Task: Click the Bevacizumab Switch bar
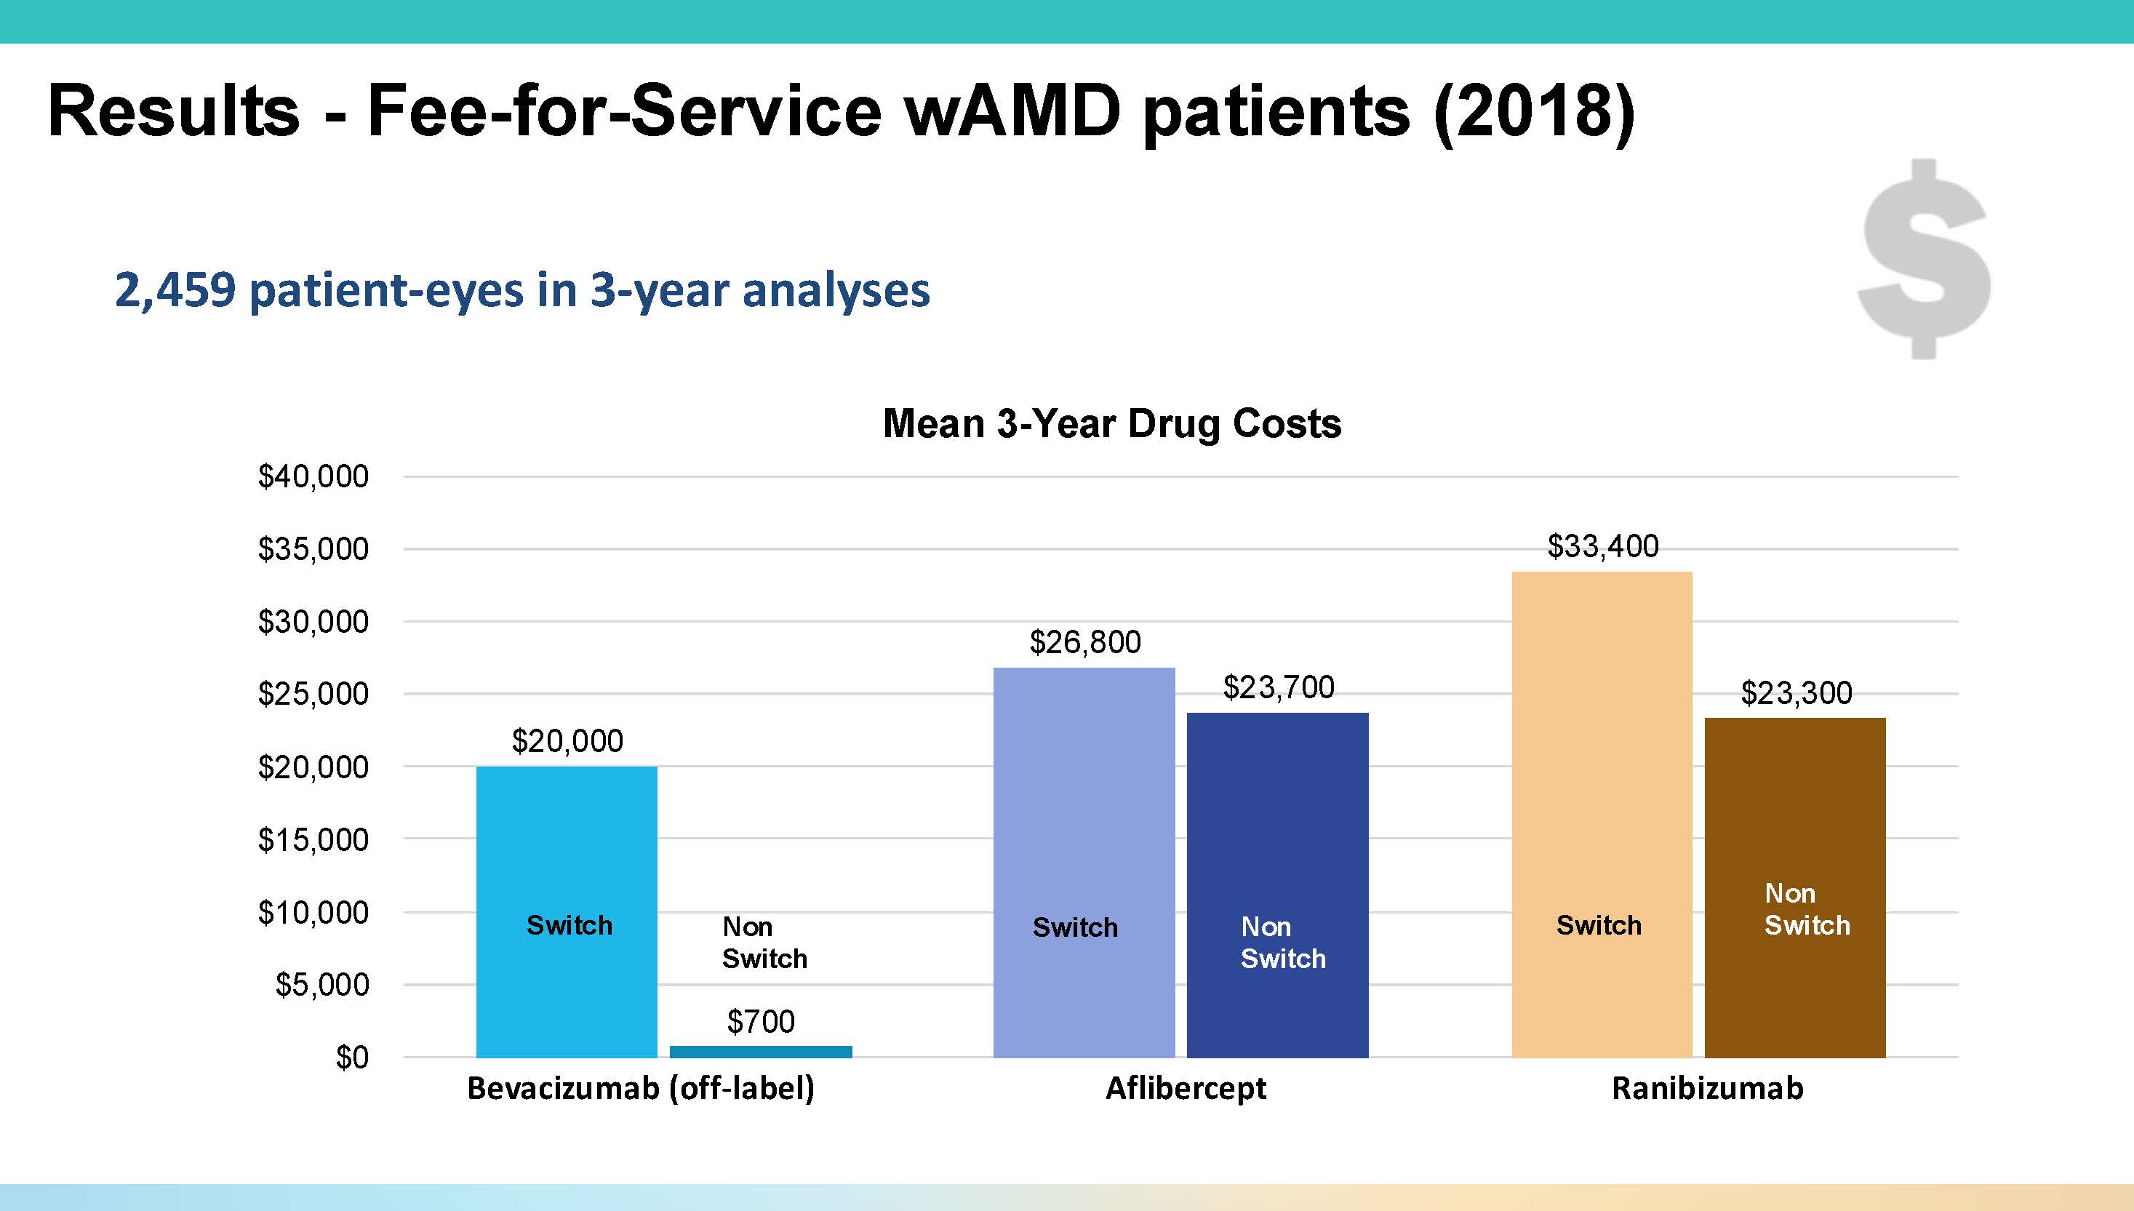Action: point(567,832)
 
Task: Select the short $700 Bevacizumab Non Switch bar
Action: point(761,1051)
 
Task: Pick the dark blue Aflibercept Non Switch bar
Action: point(1277,832)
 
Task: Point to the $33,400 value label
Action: point(1602,546)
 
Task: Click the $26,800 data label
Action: point(1084,642)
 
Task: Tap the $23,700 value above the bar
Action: point(1278,687)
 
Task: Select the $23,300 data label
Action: point(1797,693)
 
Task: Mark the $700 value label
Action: point(760,1021)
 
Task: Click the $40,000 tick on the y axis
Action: point(313,476)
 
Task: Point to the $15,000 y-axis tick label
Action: point(313,840)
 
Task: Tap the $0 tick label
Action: point(352,1057)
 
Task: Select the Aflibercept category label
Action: point(1185,1089)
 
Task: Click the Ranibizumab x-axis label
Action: point(1707,1089)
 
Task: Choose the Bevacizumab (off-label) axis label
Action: point(640,1089)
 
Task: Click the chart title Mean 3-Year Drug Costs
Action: point(1111,423)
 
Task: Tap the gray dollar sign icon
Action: point(1925,260)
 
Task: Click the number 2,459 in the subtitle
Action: point(175,290)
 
